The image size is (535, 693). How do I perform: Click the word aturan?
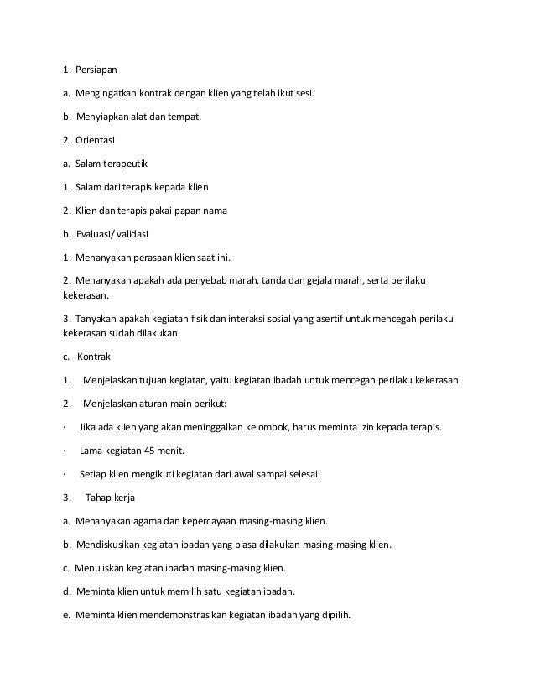point(149,403)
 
